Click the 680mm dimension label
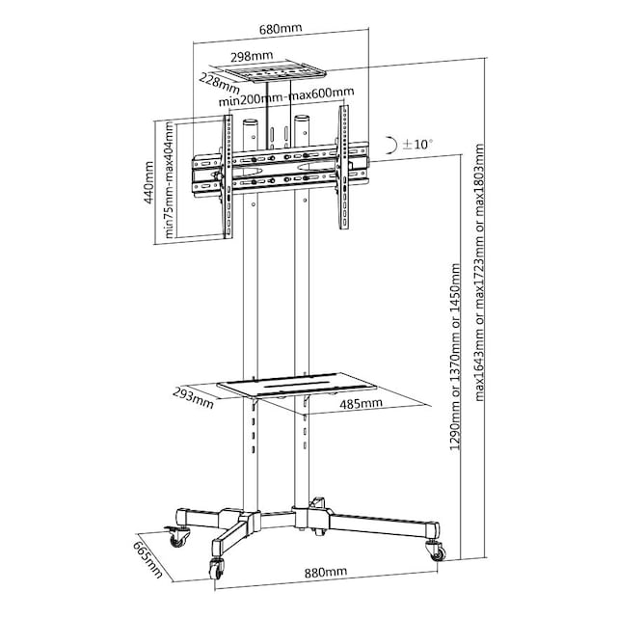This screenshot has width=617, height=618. pyautogui.click(x=281, y=29)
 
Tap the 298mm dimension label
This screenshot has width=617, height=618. pyautogui.click(x=252, y=57)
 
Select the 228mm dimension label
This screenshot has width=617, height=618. pyautogui.click(x=219, y=84)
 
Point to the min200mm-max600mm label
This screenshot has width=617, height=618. pyautogui.click(x=286, y=96)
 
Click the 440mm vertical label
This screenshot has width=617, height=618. pyautogui.click(x=148, y=182)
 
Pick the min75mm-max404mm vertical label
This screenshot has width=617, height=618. pyautogui.click(x=169, y=179)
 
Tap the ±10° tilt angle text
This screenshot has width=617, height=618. pyautogui.click(x=417, y=145)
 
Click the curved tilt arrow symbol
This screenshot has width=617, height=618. pyautogui.click(x=390, y=145)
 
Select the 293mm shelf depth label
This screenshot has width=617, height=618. pyautogui.click(x=193, y=398)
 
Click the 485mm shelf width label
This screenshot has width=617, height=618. pyautogui.click(x=361, y=404)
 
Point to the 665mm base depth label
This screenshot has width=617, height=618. pyautogui.click(x=148, y=559)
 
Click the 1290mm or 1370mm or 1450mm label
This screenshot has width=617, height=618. pyautogui.click(x=455, y=357)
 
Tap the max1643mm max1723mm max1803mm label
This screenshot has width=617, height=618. pyautogui.click(x=479, y=273)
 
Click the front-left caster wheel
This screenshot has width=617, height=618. pyautogui.click(x=216, y=569)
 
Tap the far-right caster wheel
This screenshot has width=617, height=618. pyautogui.click(x=436, y=551)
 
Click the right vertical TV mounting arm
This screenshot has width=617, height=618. pyautogui.click(x=344, y=167)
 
